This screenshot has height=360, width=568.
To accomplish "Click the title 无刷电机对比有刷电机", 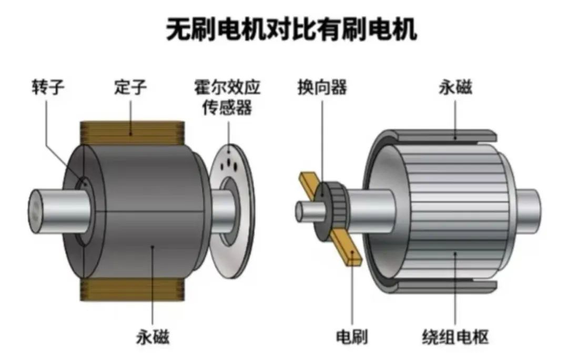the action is [x=292, y=29].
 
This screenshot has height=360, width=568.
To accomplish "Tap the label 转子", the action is [x=47, y=87].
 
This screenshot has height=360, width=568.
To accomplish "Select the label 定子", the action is [x=130, y=87].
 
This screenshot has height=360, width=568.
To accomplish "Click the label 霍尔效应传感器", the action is [x=228, y=97].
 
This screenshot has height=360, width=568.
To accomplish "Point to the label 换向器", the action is [x=322, y=87].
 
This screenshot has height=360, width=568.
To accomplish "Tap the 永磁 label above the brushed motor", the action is [x=455, y=87].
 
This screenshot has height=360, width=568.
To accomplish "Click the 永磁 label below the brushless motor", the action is [x=153, y=337].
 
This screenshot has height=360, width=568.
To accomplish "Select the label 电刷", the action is [x=351, y=337].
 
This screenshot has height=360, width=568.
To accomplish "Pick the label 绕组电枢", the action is [x=455, y=337].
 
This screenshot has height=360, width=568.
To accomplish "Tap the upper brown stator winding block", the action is [x=132, y=133].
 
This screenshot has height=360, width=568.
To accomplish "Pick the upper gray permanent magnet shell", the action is [x=445, y=137].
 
